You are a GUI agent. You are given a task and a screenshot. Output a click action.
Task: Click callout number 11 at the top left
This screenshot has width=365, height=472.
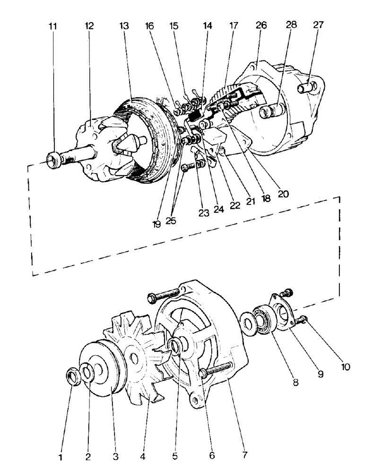tap(53, 26)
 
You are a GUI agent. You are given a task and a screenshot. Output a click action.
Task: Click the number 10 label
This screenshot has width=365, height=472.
tap(347, 367)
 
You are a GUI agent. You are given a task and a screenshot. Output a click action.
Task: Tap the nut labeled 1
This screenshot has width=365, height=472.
tap(72, 377)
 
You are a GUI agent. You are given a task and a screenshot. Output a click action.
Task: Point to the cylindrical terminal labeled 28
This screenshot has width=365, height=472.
tap(268, 112)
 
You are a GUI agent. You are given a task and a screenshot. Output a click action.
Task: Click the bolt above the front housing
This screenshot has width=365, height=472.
tap(163, 296)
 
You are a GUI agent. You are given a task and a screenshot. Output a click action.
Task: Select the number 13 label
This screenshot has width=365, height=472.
tap(124, 26)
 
